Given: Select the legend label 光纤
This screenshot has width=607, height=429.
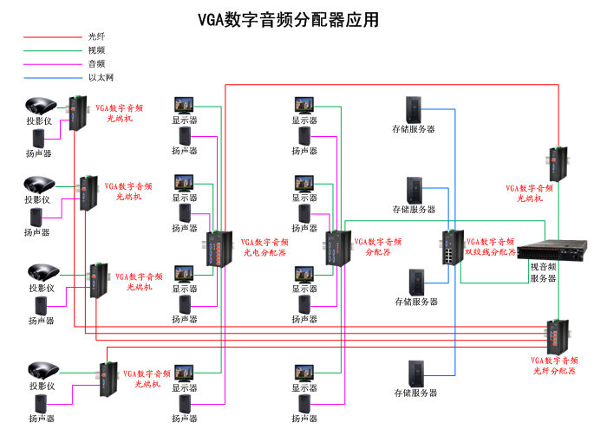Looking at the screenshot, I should pyautogui.click(x=96, y=36).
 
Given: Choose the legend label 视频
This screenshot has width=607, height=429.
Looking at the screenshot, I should pyautogui.click(x=96, y=50).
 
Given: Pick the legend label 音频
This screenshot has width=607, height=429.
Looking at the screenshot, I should pyautogui.click(x=96, y=63).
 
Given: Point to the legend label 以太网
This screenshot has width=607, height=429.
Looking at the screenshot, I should pyautogui.click(x=101, y=77).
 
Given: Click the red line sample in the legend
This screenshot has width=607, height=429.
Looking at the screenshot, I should pyautogui.click(x=51, y=37).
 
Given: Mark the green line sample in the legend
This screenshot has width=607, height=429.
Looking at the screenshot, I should pyautogui.click(x=51, y=50).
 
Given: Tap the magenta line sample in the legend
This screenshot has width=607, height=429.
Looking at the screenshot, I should pyautogui.click(x=51, y=64).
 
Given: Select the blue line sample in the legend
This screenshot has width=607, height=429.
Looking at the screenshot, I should pyautogui.click(x=51, y=77).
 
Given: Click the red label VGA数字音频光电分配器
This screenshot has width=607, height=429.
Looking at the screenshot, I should pyautogui.click(x=264, y=248).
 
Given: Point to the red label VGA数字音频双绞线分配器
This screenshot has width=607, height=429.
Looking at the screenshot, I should pyautogui.click(x=491, y=247).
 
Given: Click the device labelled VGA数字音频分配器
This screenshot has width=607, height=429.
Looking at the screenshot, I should pyautogui.click(x=336, y=248).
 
